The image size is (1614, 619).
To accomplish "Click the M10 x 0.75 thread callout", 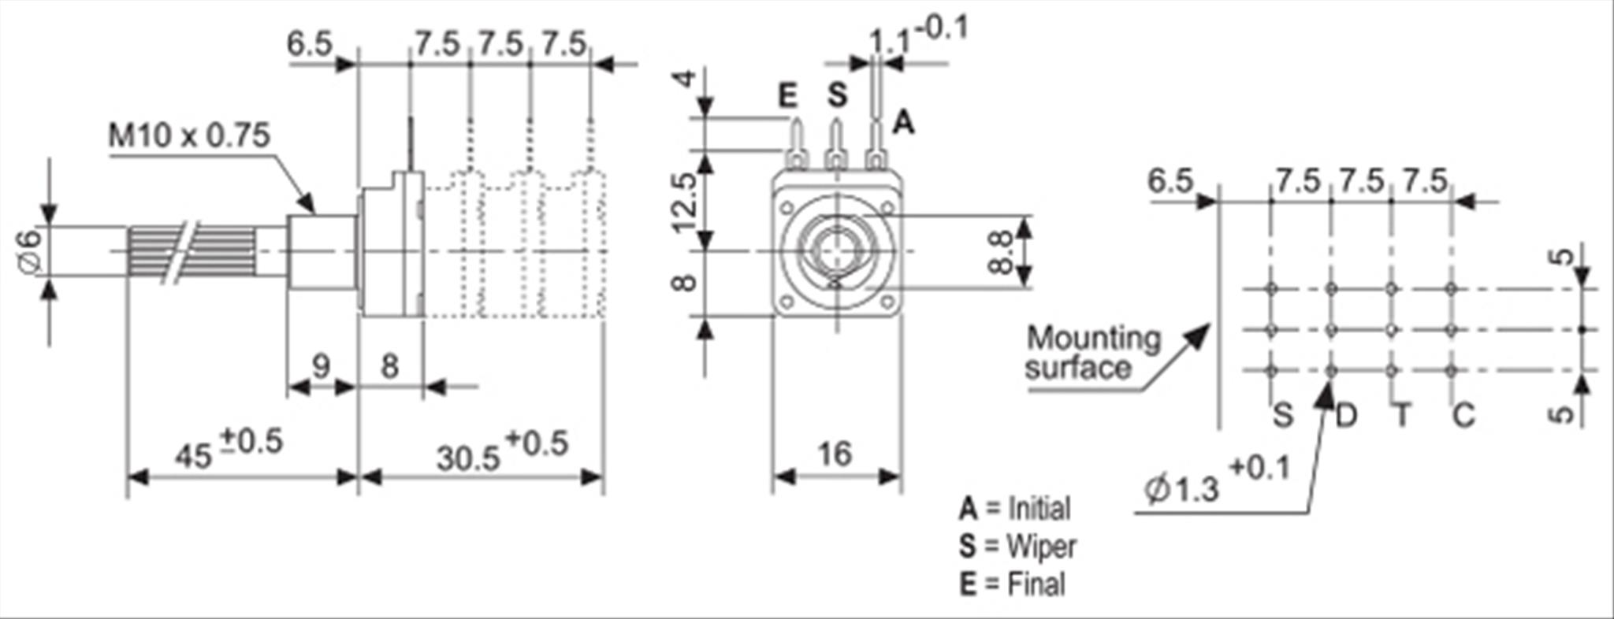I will point(189,135).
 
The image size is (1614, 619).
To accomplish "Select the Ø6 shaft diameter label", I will point(30,252).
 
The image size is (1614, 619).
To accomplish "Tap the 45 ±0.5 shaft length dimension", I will point(229,450).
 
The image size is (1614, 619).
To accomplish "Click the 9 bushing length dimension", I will point(320,367).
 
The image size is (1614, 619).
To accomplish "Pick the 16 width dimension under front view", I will point(835,454).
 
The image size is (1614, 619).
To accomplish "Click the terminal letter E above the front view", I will point(787,96).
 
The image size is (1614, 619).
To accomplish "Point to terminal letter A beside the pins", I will point(903,123).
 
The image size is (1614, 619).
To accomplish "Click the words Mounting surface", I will point(1092,353).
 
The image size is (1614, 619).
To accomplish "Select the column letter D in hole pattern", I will point(1346,415).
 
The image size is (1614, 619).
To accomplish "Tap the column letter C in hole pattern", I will point(1463,415).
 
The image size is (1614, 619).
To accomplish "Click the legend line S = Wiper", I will point(1017,546).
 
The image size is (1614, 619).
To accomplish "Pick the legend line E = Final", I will point(1012,584).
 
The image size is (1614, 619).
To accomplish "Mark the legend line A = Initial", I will point(1015,509).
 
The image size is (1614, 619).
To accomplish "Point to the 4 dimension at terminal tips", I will point(686,80).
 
